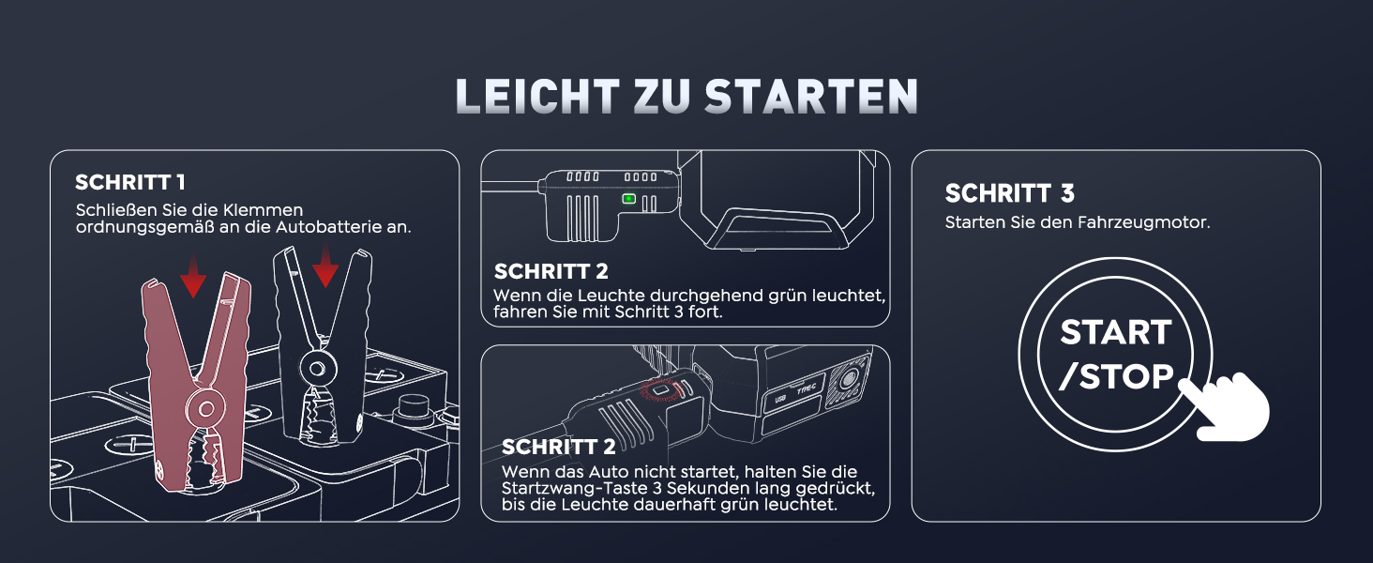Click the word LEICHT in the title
[537, 97]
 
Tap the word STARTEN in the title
[811, 97]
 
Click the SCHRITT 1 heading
[130, 182]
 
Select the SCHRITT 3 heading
[1009, 193]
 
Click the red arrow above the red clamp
[193, 276]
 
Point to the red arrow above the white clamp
[325, 265]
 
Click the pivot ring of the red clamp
[206, 408]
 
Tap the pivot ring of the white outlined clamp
[317, 369]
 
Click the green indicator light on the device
[629, 199]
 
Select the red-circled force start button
[661, 389]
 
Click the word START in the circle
[1116, 332]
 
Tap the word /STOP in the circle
[1116, 376]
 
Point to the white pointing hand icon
[1225, 406]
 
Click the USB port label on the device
[779, 399]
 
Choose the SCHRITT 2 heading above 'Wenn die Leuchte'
[551, 271]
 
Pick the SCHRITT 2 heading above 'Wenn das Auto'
[558, 447]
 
